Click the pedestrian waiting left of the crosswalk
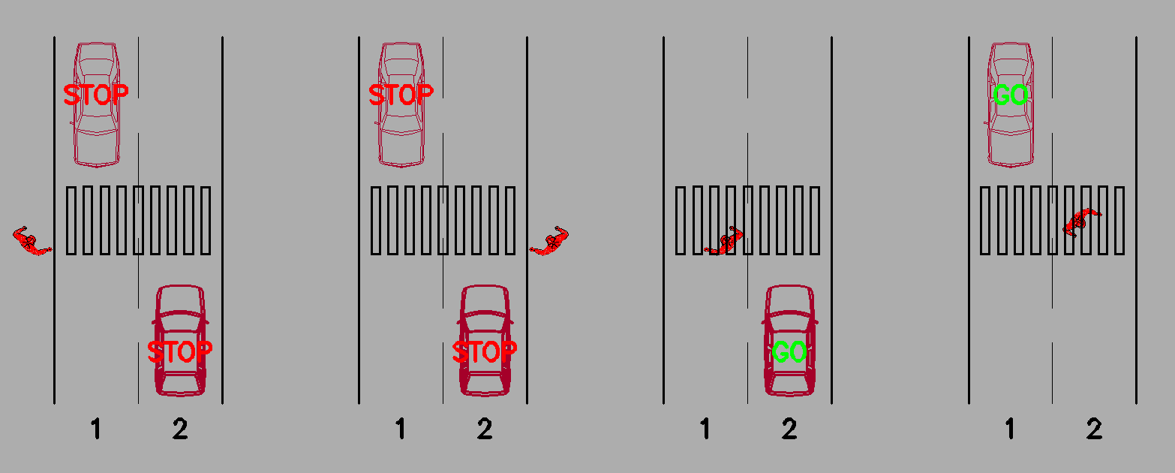[31, 242]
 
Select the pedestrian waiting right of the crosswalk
[550, 242]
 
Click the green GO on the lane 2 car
[789, 352]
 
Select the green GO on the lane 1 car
[1010, 95]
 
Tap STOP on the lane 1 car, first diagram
[95, 95]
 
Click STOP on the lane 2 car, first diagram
[180, 352]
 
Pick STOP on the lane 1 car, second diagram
[401, 95]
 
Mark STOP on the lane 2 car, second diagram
[485, 352]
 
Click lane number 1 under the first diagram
[95, 429]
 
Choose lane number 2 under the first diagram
[180, 429]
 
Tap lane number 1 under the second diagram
[400, 429]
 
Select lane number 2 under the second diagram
[485, 429]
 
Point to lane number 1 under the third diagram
[705, 429]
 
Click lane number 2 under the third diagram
[789, 429]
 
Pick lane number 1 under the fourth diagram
[1010, 429]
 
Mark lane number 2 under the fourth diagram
[1094, 429]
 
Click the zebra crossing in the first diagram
[139, 221]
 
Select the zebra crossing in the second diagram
[443, 221]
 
